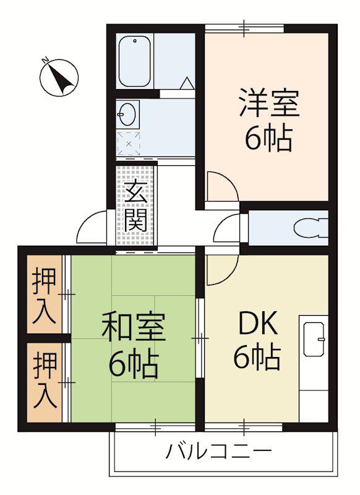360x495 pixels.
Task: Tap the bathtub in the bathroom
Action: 134,61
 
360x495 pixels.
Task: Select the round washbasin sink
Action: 127,114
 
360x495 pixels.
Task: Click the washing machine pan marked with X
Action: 129,144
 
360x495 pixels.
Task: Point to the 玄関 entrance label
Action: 136,205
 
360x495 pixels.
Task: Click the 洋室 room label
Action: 269,103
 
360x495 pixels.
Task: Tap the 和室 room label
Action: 134,326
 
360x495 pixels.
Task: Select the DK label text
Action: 258,322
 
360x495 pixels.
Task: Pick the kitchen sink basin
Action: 314,339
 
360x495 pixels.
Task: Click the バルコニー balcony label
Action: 218,451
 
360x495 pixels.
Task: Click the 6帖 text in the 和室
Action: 134,364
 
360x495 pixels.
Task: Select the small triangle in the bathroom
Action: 187,84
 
